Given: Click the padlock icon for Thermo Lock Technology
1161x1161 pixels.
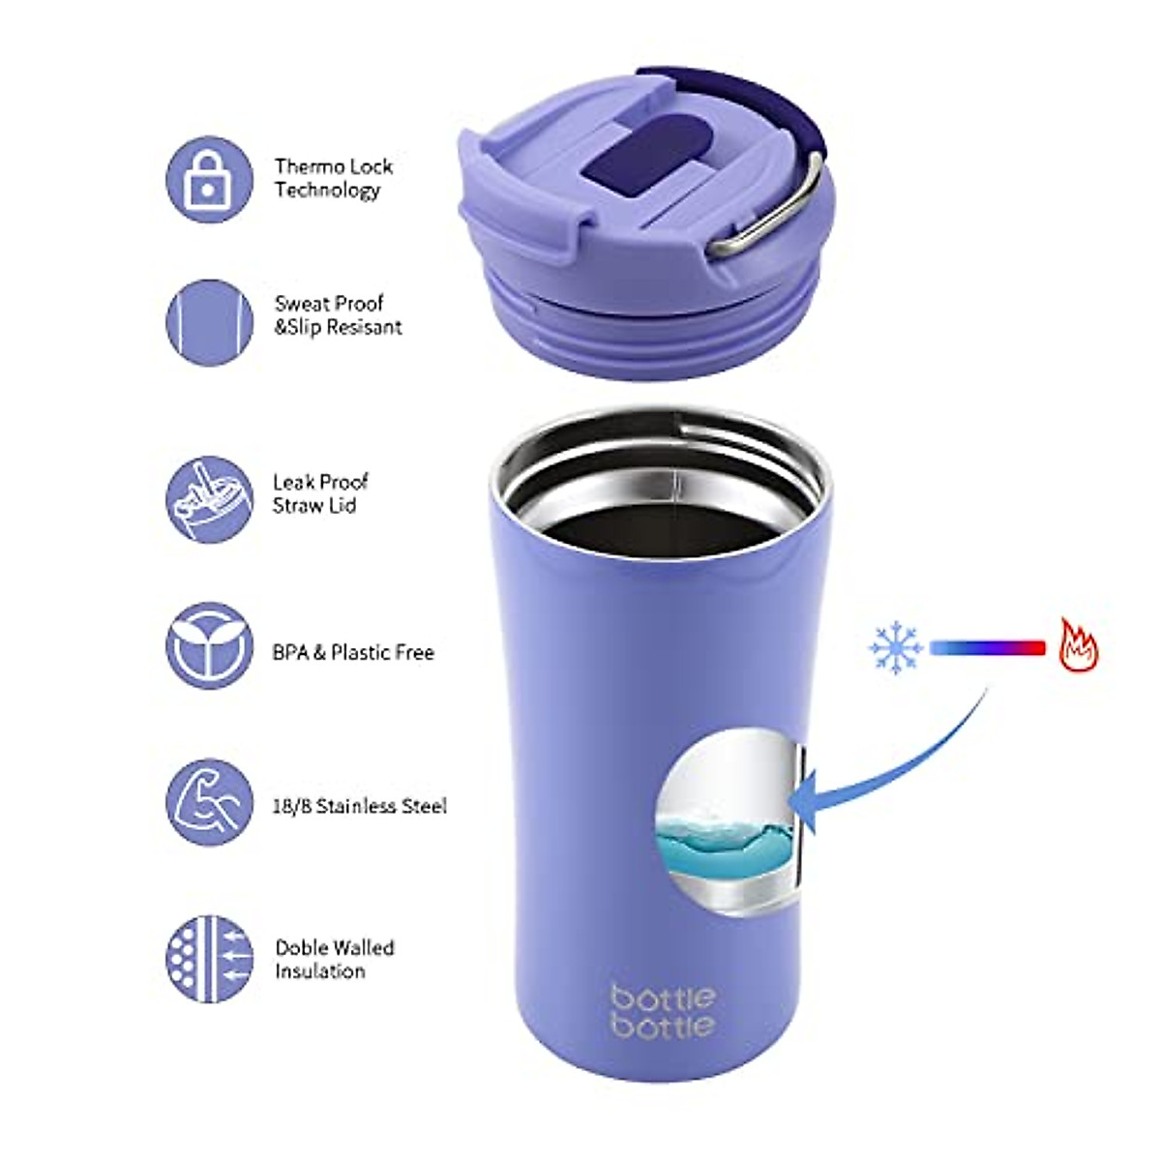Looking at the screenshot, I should [x=209, y=180].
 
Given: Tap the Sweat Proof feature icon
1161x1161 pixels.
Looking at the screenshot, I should [x=209, y=322].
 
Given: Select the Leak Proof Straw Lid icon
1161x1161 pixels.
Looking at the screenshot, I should [x=209, y=499].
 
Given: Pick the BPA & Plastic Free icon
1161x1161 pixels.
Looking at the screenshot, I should [x=209, y=645].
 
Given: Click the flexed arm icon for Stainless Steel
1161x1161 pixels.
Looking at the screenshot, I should [x=209, y=802].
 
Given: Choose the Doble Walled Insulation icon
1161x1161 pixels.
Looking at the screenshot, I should [x=209, y=958].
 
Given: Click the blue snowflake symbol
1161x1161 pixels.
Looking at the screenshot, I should [x=895, y=646].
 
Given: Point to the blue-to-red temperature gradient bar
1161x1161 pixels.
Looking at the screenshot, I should [x=987, y=647].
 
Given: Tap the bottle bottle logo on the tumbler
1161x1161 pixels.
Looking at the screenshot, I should [x=664, y=1011].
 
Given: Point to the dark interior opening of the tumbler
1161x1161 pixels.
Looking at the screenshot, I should [x=658, y=513].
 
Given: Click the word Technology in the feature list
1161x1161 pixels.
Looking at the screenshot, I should [x=327, y=190].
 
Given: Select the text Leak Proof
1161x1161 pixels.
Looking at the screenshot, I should [x=320, y=482].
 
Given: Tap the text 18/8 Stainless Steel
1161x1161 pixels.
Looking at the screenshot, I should [x=359, y=805].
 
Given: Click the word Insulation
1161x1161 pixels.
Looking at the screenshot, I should [x=320, y=971].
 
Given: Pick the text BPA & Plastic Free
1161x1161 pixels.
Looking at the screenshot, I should [x=353, y=652].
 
